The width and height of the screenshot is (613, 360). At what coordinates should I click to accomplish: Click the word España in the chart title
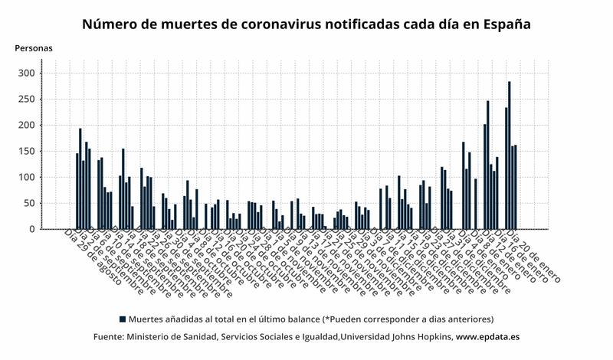(506, 24)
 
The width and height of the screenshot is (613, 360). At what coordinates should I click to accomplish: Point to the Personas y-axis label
(34, 48)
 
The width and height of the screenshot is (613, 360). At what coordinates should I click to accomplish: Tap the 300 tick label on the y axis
(27, 74)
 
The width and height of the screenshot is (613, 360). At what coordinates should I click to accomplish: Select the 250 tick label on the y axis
(27, 100)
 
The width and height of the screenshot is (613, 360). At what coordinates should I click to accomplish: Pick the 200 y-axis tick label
(27, 126)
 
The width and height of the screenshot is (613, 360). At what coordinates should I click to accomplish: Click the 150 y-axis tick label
(27, 152)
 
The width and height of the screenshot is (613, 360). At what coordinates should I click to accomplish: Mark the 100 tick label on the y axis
(27, 178)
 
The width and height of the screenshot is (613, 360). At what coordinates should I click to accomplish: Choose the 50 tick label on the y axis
(29, 204)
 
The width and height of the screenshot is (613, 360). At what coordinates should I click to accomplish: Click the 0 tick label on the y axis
(32, 229)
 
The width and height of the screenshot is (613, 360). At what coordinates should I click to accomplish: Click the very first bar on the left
(77, 191)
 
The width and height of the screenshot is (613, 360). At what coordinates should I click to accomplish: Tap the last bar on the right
(516, 187)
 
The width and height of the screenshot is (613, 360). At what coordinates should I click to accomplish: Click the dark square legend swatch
(122, 319)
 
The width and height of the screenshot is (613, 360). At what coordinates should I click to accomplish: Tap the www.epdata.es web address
(488, 337)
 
